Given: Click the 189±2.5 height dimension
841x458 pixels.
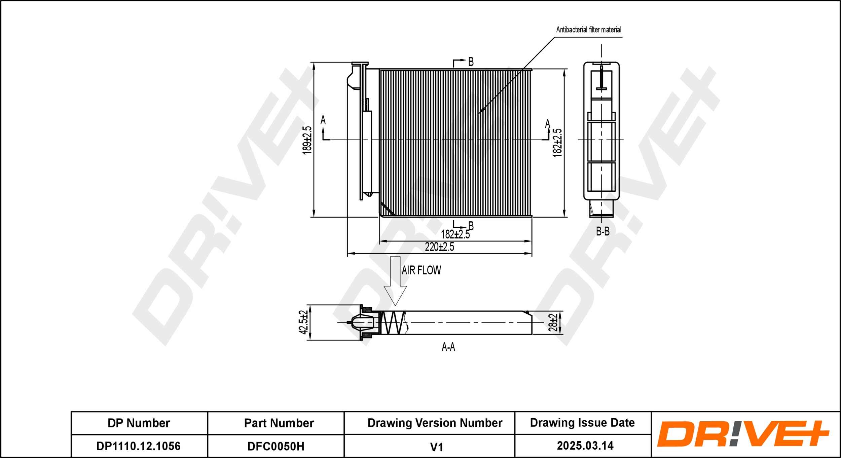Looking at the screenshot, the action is point(307,140).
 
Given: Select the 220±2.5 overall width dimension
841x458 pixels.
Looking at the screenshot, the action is point(439,247).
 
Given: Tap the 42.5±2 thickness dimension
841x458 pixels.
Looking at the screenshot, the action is point(303,322).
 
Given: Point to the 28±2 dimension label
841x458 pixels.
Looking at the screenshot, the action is point(553,322).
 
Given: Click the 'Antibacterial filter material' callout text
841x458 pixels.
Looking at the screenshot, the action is point(589,30).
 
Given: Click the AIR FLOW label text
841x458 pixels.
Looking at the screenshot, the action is point(421,270).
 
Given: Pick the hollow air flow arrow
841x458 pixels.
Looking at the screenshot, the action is point(395,281).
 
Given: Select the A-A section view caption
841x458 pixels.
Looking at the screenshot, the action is point(448,347).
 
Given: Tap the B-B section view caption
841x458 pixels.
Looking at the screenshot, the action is point(602,231).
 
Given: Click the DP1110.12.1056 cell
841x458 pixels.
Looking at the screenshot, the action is point(139,446).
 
